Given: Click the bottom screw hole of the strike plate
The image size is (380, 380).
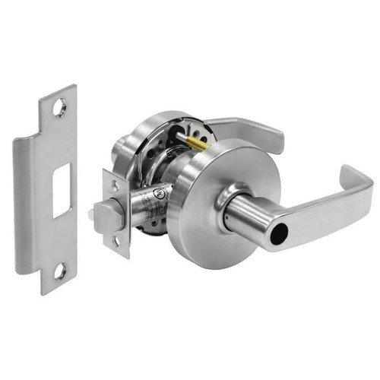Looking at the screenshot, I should (x=61, y=270).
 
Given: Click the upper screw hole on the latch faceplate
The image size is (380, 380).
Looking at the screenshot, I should (x=115, y=185).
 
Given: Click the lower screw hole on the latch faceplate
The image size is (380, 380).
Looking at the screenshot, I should (x=117, y=242).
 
